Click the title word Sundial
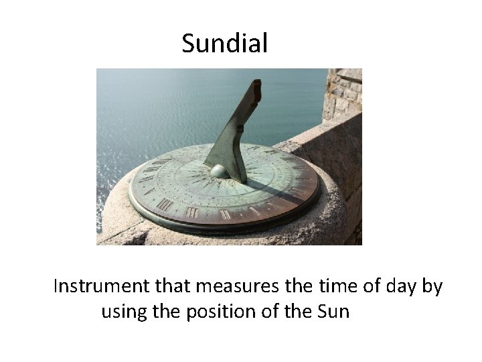pos(224,44)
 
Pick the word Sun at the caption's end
pos(333,312)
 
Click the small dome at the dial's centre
pos(220,172)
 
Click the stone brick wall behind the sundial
pos(342,94)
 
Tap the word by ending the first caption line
pos(432,287)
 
